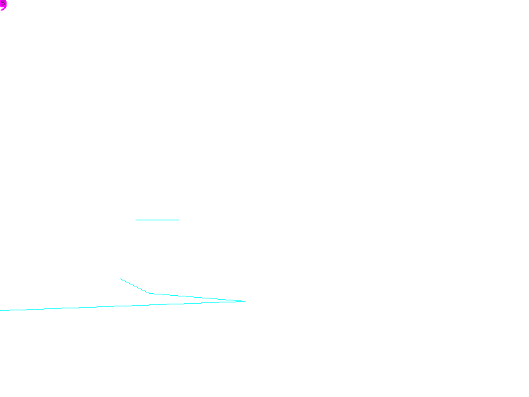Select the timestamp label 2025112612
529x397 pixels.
(x=178, y=292)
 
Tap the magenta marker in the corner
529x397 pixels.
(x=3, y=5)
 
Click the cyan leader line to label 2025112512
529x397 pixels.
(x=157, y=220)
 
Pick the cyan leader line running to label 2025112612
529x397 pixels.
(x=135, y=286)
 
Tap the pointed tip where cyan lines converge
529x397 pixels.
(x=244, y=301)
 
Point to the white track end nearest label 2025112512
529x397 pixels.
(x=135, y=220)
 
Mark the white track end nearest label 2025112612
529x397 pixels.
(x=120, y=279)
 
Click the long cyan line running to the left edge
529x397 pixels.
(x=99, y=307)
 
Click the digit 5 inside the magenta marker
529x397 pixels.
(x=3, y=5)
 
